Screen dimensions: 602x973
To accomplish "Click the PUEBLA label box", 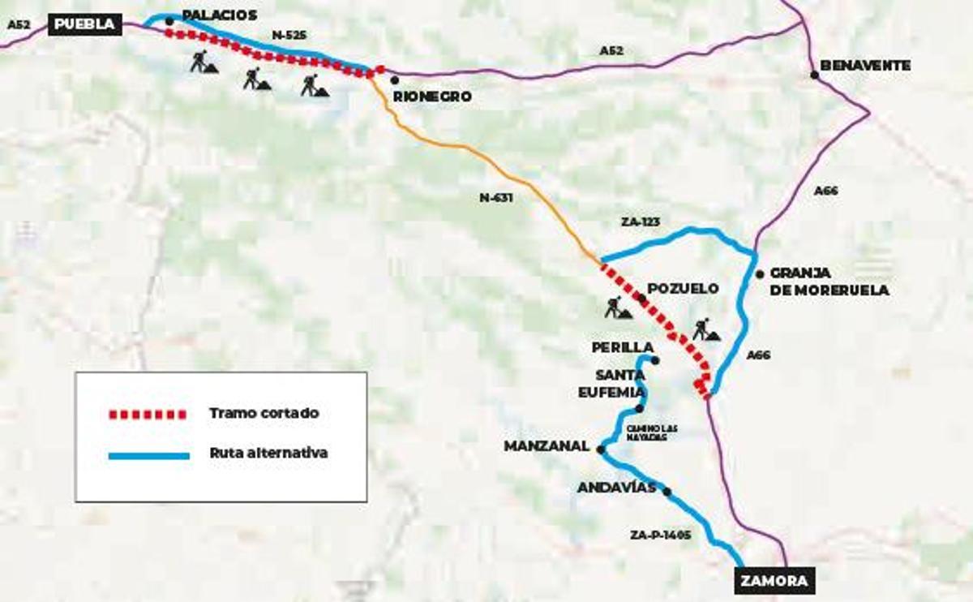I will point(85,24).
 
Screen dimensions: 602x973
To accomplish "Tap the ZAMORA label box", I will point(774,581).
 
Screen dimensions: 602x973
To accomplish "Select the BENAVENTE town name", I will point(865,65).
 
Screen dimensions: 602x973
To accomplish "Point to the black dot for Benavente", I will point(814,75).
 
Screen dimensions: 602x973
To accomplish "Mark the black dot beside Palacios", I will point(169,21).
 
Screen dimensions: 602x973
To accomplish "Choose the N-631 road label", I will point(496,196).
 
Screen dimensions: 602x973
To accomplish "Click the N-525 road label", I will point(289,35).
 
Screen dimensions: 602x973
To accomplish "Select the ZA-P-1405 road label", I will point(660,535).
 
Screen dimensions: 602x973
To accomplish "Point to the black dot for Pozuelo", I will point(642,299).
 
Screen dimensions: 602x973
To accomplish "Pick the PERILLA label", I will point(622,347).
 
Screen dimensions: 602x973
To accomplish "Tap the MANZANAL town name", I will point(547,446).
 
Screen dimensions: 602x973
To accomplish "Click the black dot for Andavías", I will point(667,492).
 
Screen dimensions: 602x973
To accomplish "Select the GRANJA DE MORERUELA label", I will point(829,282).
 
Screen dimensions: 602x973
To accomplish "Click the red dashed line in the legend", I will point(148,414).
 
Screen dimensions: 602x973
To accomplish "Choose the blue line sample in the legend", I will point(148,455).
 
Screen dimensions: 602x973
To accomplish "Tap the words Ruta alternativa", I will point(268,453).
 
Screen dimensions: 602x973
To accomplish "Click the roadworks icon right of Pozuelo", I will point(705,329).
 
